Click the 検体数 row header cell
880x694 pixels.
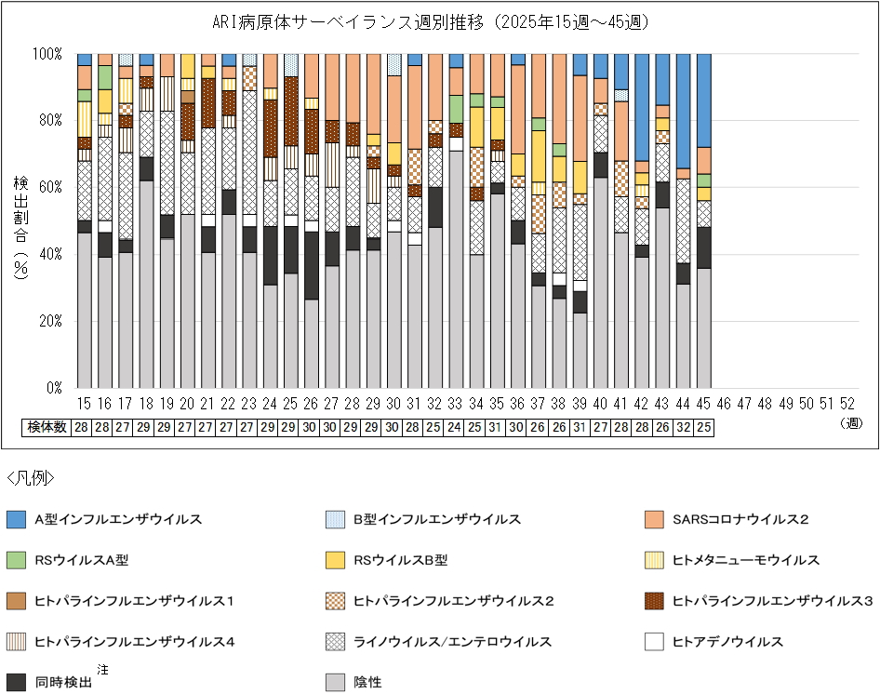pyautogui.click(x=47, y=427)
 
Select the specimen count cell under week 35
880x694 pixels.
pyautogui.click(x=497, y=427)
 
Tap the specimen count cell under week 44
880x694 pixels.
pyautogui.click(x=683, y=427)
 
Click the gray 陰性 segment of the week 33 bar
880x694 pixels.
pyautogui.click(x=455, y=270)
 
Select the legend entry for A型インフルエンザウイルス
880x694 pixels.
pyautogui.click(x=118, y=519)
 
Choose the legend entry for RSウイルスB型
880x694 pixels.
pyautogui.click(x=401, y=560)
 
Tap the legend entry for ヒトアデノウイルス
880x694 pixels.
pyautogui.click(x=727, y=641)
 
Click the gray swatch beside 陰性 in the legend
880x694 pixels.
pyautogui.click(x=337, y=682)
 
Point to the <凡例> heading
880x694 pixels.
pyautogui.click(x=30, y=479)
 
